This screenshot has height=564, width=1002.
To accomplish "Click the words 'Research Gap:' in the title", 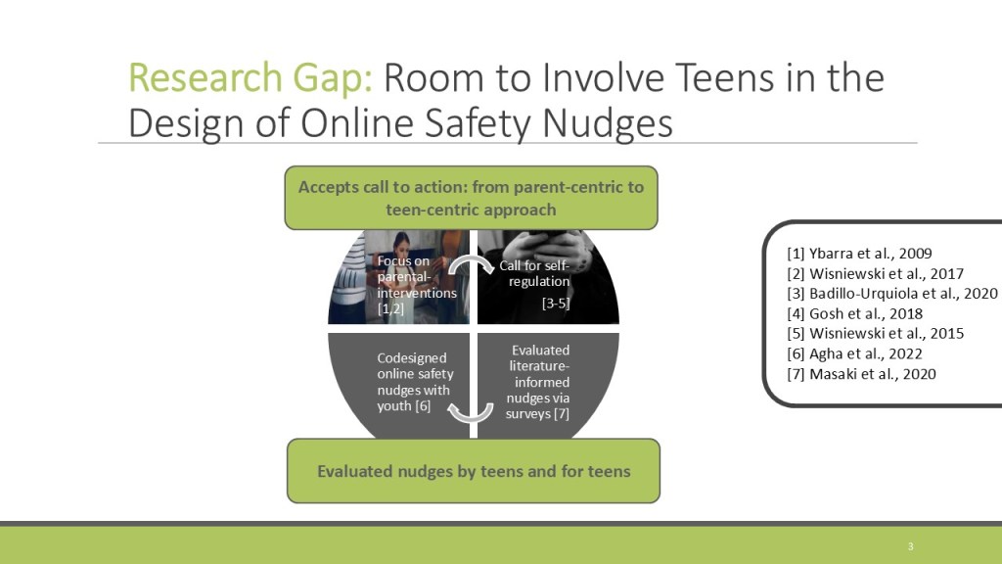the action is pos(250,78).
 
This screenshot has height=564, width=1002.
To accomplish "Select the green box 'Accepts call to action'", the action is pos(471,198).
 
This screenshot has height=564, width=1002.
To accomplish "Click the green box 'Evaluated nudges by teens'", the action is pos(474,471).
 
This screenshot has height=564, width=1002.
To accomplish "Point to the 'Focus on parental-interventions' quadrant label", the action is pos(417,285).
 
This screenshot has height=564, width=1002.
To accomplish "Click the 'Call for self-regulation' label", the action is pos(534,273).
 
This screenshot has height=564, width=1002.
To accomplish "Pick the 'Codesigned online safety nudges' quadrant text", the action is pos(415,382).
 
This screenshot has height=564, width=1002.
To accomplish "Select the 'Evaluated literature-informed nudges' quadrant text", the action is pos(538,382).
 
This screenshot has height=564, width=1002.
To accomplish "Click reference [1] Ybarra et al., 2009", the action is pos(859,254).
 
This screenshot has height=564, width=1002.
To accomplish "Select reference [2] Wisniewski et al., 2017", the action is pos(876,274).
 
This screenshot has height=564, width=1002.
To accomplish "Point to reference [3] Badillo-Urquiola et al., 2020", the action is pos(892,294).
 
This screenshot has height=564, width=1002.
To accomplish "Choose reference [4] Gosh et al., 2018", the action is pos(855,313).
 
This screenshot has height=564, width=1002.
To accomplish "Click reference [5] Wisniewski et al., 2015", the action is pos(876,333).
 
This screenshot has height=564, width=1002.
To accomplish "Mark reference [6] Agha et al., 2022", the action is pos(855,353).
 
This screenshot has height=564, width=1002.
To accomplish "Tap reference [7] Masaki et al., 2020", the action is pos(861,373).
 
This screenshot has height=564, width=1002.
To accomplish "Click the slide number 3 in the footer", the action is pos(911,546).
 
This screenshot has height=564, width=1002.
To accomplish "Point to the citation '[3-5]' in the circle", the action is pos(556,304).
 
